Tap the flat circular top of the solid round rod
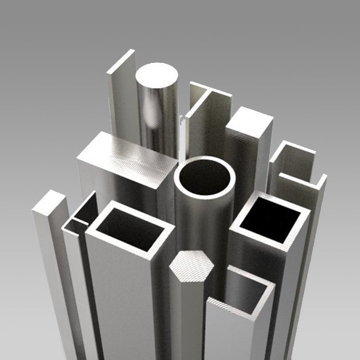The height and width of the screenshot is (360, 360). coord(156,76)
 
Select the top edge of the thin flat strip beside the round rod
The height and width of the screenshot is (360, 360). coord(121,61)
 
